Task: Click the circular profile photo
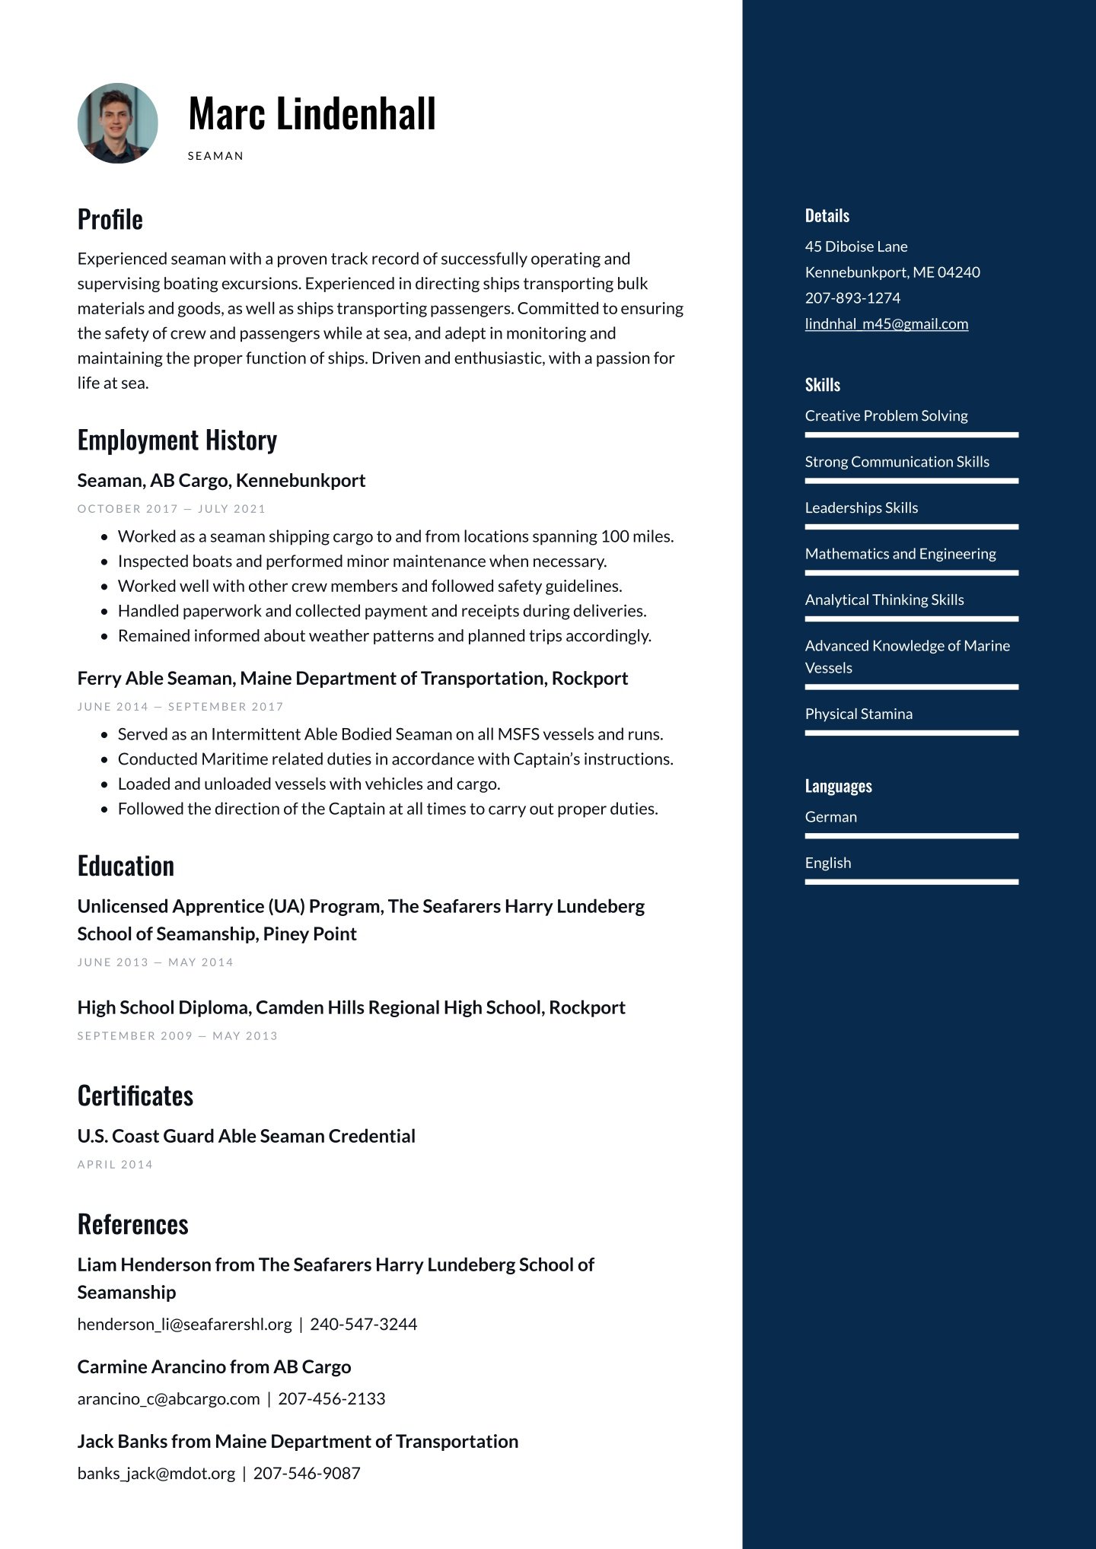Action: pyautogui.click(x=118, y=123)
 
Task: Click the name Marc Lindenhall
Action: pyautogui.click(x=311, y=114)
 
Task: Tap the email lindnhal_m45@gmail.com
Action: pyautogui.click(x=886, y=324)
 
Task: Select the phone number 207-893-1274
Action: pyautogui.click(x=852, y=298)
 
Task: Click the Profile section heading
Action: pyautogui.click(x=110, y=220)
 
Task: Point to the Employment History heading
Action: pyautogui.click(x=177, y=441)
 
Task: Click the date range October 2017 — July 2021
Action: pyautogui.click(x=171, y=509)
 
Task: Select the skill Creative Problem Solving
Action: pyautogui.click(x=886, y=416)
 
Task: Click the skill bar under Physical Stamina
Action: pyautogui.click(x=911, y=733)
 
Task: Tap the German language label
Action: pyautogui.click(x=830, y=817)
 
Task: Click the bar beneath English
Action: pyautogui.click(x=911, y=883)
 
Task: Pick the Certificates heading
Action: pyautogui.click(x=135, y=1096)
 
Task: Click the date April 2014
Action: pyautogui.click(x=115, y=1165)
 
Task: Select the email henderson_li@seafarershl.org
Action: pyautogui.click(x=184, y=1325)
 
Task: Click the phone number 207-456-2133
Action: pyautogui.click(x=332, y=1399)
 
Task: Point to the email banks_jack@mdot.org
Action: pyautogui.click(x=156, y=1474)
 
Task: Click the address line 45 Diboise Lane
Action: pyautogui.click(x=855, y=247)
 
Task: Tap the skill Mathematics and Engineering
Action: pyautogui.click(x=900, y=554)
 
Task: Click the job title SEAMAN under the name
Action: pyautogui.click(x=215, y=156)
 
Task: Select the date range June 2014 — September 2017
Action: pyautogui.click(x=180, y=707)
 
